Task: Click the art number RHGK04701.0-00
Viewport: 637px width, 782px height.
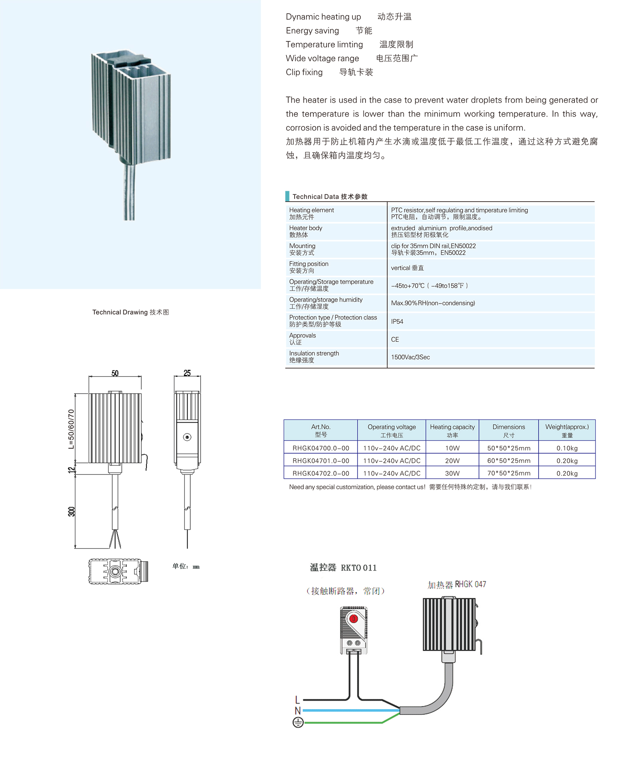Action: pos(320,461)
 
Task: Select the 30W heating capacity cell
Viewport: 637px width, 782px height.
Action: pos(452,473)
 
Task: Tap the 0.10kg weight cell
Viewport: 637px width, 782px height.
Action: pos(567,448)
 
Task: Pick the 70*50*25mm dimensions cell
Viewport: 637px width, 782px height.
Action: pos(508,473)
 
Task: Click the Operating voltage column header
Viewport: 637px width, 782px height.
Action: pos(391,430)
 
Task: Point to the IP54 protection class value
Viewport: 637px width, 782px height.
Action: pos(397,321)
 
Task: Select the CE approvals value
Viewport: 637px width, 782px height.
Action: pos(395,339)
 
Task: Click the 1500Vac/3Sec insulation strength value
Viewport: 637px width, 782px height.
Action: pos(410,357)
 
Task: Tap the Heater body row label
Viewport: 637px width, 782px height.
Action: pos(305,231)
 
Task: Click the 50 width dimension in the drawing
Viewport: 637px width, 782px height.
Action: pos(115,373)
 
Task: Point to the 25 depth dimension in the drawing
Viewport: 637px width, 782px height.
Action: pos(187,373)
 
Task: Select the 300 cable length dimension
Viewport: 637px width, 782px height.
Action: pos(71,512)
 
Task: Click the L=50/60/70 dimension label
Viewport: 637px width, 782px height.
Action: pos(71,429)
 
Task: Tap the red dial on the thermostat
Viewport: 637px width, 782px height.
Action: pos(353,619)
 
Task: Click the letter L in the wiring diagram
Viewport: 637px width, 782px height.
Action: pos(297,700)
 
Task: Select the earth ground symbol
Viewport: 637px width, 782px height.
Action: pos(298,722)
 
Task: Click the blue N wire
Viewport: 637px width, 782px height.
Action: pos(350,710)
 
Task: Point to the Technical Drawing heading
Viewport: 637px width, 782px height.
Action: pos(130,312)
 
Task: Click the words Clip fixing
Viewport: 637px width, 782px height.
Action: pos(304,72)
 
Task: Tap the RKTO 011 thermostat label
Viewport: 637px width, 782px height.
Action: pos(358,568)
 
